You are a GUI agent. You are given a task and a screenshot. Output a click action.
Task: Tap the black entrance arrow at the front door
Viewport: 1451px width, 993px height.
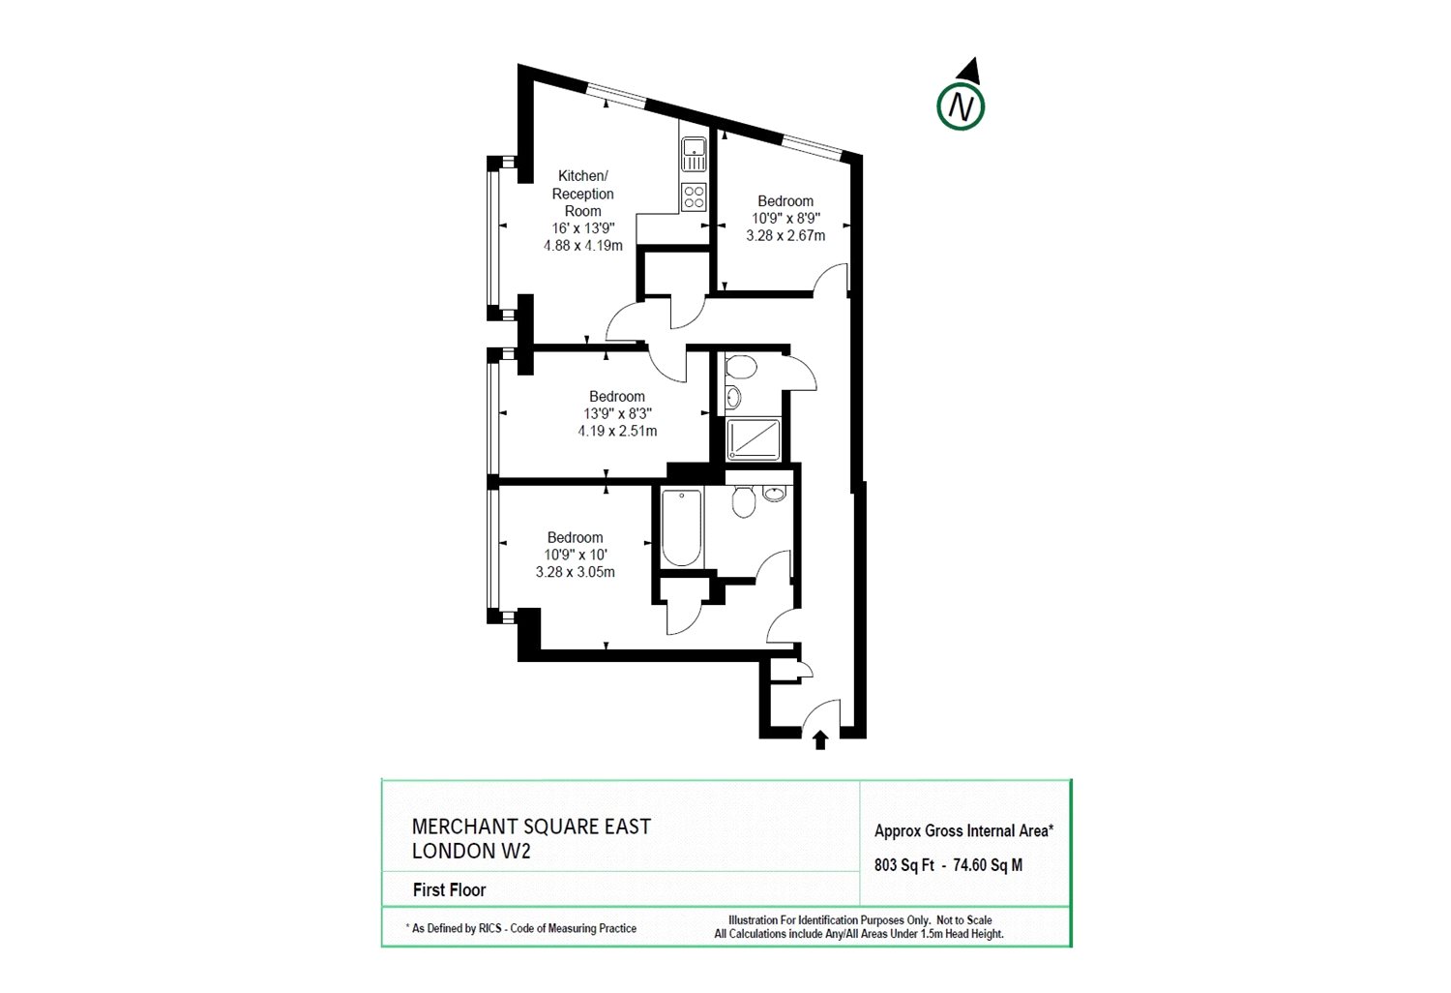coord(820,739)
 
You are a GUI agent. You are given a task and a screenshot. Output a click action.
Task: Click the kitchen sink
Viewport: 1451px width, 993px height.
coord(694,154)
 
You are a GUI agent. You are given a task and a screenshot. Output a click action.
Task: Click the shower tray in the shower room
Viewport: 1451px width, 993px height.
coord(754,439)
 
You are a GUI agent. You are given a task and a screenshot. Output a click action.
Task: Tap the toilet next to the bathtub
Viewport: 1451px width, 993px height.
coord(744,501)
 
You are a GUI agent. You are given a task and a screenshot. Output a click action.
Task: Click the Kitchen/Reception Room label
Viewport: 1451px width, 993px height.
coord(583,194)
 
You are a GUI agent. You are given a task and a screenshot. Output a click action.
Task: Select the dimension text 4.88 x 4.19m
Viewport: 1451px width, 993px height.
coord(583,246)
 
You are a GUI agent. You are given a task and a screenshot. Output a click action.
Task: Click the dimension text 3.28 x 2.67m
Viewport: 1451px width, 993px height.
coord(785,236)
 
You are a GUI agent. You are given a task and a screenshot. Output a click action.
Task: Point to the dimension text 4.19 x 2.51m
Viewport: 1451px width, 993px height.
coord(617,431)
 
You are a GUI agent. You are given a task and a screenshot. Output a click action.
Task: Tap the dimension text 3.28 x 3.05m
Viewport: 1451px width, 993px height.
coord(576,572)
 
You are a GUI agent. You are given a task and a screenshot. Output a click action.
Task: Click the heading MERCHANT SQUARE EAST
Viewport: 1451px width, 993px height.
coord(531,827)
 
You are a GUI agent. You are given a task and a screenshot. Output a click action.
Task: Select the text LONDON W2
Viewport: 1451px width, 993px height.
coord(471,851)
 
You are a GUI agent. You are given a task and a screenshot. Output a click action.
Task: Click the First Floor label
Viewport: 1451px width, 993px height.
coord(450,890)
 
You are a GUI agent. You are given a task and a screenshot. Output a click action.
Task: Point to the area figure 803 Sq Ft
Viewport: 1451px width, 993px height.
coord(904,865)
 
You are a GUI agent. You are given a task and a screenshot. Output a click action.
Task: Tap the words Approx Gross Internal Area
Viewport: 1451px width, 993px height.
coord(963,831)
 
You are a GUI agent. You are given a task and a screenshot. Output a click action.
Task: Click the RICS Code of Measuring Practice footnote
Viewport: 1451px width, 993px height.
coord(521,928)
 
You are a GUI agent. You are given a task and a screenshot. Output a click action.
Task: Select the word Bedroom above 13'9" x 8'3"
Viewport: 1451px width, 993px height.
coord(617,396)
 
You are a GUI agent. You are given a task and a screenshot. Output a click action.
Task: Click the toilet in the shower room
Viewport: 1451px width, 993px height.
coord(741,367)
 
